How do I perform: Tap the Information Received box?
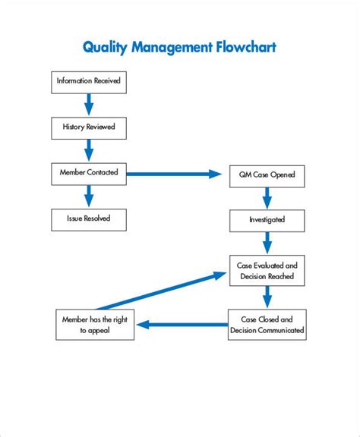tap(89, 80)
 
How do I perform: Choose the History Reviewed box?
tap(89, 127)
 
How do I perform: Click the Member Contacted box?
tap(89, 173)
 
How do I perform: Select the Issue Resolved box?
tap(89, 219)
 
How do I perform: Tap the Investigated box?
tap(267, 220)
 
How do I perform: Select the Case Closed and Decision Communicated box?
tap(267, 325)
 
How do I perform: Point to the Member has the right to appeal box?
tap(95, 325)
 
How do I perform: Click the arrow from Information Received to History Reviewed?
tap(89, 103)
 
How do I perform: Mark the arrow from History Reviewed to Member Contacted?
tap(89, 149)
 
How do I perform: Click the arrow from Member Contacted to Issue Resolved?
tap(89, 196)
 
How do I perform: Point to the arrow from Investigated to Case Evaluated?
tap(267, 243)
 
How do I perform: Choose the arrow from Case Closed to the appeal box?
tap(182, 325)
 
